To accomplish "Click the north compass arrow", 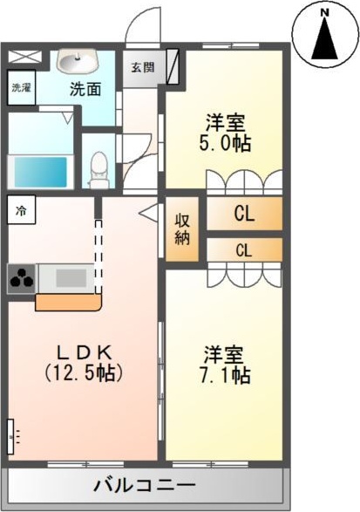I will coord(323,40).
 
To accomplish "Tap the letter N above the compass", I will coord(323,13).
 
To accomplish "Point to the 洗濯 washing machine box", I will coord(20,88).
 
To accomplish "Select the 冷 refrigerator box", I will coord(20,209).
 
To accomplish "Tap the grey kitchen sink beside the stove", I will coord(61,279).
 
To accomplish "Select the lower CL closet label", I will coord(244,250).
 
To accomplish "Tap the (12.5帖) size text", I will coord(83,372).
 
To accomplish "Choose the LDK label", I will coord(83,352).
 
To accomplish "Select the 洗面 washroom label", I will coord(85,88).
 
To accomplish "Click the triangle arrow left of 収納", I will coord(146,210).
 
